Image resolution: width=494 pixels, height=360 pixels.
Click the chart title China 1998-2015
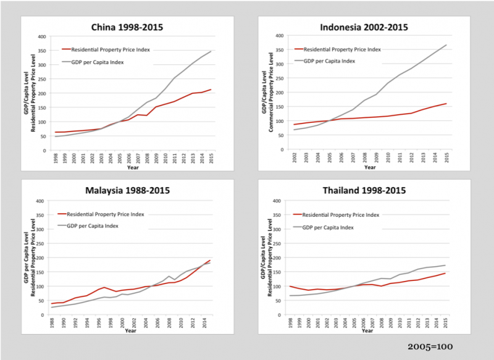(127, 27)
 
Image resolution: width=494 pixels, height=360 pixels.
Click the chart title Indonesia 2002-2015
(364, 27)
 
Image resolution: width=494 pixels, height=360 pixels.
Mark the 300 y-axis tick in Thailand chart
(278, 229)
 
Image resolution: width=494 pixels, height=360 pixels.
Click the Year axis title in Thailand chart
(368, 330)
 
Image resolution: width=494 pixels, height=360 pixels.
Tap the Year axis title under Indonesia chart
(369, 167)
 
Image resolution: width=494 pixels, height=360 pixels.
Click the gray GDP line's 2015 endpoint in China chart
(211, 51)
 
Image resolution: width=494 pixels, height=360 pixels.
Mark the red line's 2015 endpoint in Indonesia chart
(445, 104)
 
